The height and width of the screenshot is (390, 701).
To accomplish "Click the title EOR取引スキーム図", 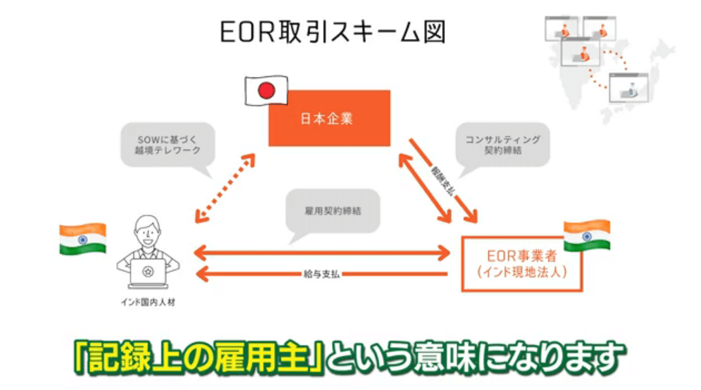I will pyautogui.click(x=333, y=32).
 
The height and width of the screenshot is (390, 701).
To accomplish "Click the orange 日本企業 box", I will pyautogui.click(x=329, y=118).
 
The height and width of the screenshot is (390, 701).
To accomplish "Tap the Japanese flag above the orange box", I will pyautogui.click(x=267, y=91).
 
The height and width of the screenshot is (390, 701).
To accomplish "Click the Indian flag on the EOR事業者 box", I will pyautogui.click(x=587, y=236).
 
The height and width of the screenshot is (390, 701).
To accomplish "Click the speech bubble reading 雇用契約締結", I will pyautogui.click(x=333, y=211).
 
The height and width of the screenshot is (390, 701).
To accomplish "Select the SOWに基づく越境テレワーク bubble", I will pyautogui.click(x=167, y=145).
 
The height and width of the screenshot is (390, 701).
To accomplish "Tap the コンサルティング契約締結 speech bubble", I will pyautogui.click(x=503, y=145).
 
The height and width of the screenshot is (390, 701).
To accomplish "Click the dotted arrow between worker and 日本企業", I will pyautogui.click(x=225, y=188).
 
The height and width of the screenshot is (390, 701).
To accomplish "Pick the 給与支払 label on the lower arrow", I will pyautogui.click(x=321, y=274).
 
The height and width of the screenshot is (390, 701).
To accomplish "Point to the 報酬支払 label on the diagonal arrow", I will pyautogui.click(x=442, y=180).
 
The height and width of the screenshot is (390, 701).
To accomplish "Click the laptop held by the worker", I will pyautogui.click(x=148, y=273).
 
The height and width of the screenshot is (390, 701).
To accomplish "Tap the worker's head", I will pyautogui.click(x=148, y=230).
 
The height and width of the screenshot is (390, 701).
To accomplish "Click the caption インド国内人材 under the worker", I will pyautogui.click(x=148, y=302).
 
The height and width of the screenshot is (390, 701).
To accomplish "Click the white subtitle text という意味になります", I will pyautogui.click(x=476, y=357).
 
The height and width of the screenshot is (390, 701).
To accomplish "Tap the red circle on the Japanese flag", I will pyautogui.click(x=267, y=91).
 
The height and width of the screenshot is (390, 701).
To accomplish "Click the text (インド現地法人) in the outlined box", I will pyautogui.click(x=522, y=272).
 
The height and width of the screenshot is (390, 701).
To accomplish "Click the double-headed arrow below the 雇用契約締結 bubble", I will pyautogui.click(x=321, y=253).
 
